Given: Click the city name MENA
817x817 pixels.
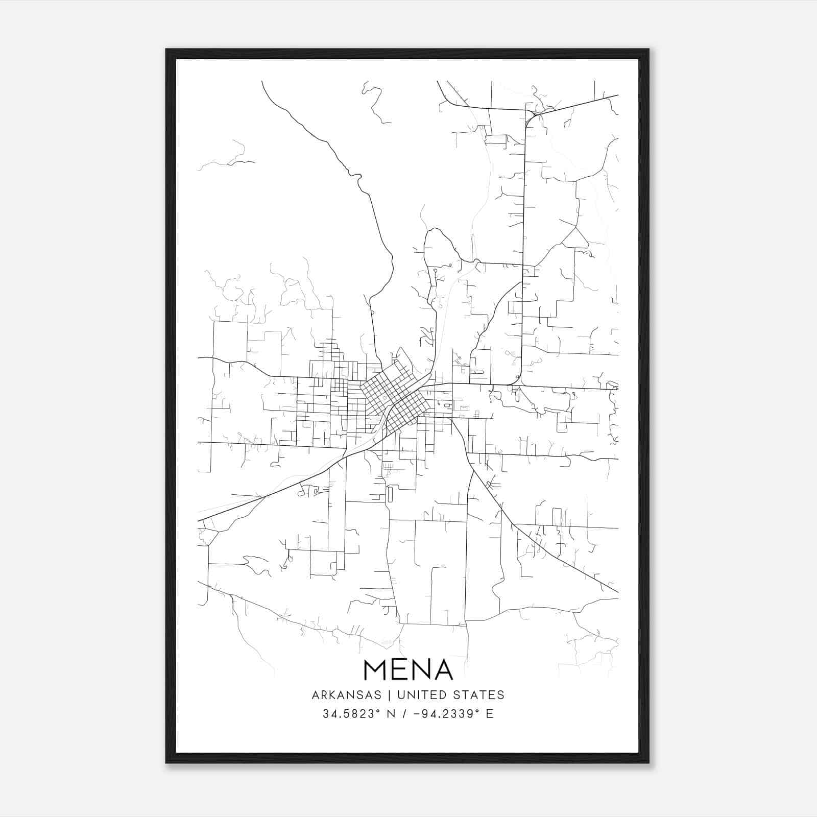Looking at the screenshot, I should click(408, 670).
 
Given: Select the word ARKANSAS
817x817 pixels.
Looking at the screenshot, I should click(347, 695).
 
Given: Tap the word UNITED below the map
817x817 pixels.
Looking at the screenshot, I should click(418, 695).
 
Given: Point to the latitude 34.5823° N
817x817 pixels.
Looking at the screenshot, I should click(357, 714).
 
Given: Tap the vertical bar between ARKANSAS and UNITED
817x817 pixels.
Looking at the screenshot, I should click(389, 695).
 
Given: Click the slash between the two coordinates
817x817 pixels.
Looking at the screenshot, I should click(404, 714).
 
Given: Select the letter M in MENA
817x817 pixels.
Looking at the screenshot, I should click(377, 670).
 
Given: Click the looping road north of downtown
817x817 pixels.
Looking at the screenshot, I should click(439, 240).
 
